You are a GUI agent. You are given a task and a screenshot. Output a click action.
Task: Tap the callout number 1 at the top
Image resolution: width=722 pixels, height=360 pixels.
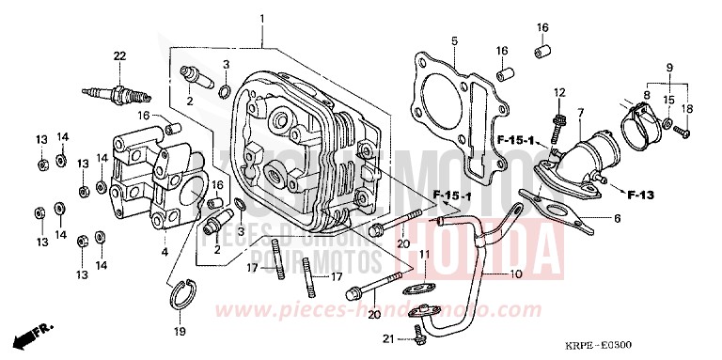coord(262,19)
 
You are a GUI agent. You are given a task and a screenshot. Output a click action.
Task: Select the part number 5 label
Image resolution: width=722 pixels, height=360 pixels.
coord(453,40)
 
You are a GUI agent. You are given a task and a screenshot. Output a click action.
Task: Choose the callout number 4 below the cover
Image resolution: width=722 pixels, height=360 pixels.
coord(165,251)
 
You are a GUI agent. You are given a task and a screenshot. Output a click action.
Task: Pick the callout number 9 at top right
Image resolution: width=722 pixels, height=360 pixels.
coord(670,68)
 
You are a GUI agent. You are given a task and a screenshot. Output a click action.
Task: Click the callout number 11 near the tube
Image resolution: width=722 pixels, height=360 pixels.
coord(424,255)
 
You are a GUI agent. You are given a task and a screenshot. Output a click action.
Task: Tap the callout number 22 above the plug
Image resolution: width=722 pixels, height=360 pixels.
coord(119,57)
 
